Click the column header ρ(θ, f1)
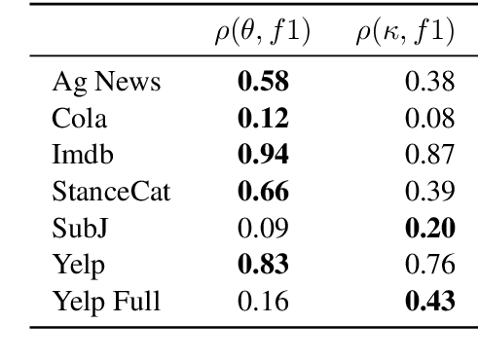point(262,33)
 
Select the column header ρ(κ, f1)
point(404,33)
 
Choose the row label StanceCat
point(111,192)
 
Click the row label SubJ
point(79,228)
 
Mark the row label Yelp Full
point(105,300)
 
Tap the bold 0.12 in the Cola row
point(262,120)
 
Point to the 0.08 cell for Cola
point(430,120)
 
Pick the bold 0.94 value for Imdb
point(262,156)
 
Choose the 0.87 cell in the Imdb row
point(430,156)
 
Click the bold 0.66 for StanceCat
point(262,192)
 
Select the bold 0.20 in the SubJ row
point(430,228)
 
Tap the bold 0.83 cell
point(262,264)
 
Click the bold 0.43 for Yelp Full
point(430,300)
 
